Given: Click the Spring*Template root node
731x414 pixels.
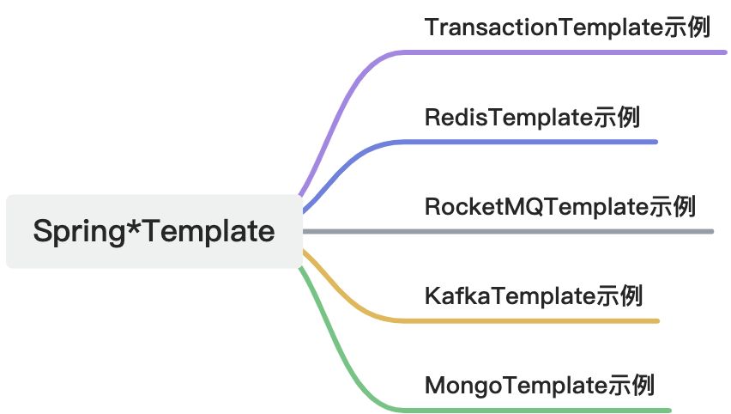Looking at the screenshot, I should coord(154,231).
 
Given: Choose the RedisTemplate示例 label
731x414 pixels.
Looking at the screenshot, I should coord(532,117).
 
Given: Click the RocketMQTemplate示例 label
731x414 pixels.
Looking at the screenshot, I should coord(559,206).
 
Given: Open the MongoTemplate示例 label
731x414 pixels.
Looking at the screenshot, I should coord(540,385).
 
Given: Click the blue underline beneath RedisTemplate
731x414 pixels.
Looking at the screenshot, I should coord(532,142).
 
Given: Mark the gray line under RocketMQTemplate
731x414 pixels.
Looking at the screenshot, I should coord(558,231).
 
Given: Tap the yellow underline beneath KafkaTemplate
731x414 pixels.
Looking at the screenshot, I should coord(532,320).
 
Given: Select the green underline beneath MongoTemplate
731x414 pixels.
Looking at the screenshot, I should coord(541,410).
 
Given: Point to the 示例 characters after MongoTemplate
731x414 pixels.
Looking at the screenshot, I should coord(631,385).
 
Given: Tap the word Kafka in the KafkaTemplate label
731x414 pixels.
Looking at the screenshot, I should coord(452,295).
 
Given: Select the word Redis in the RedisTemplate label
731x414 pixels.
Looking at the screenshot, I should coord(451,117).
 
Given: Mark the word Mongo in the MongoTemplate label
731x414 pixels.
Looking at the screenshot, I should coord(457,385).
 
